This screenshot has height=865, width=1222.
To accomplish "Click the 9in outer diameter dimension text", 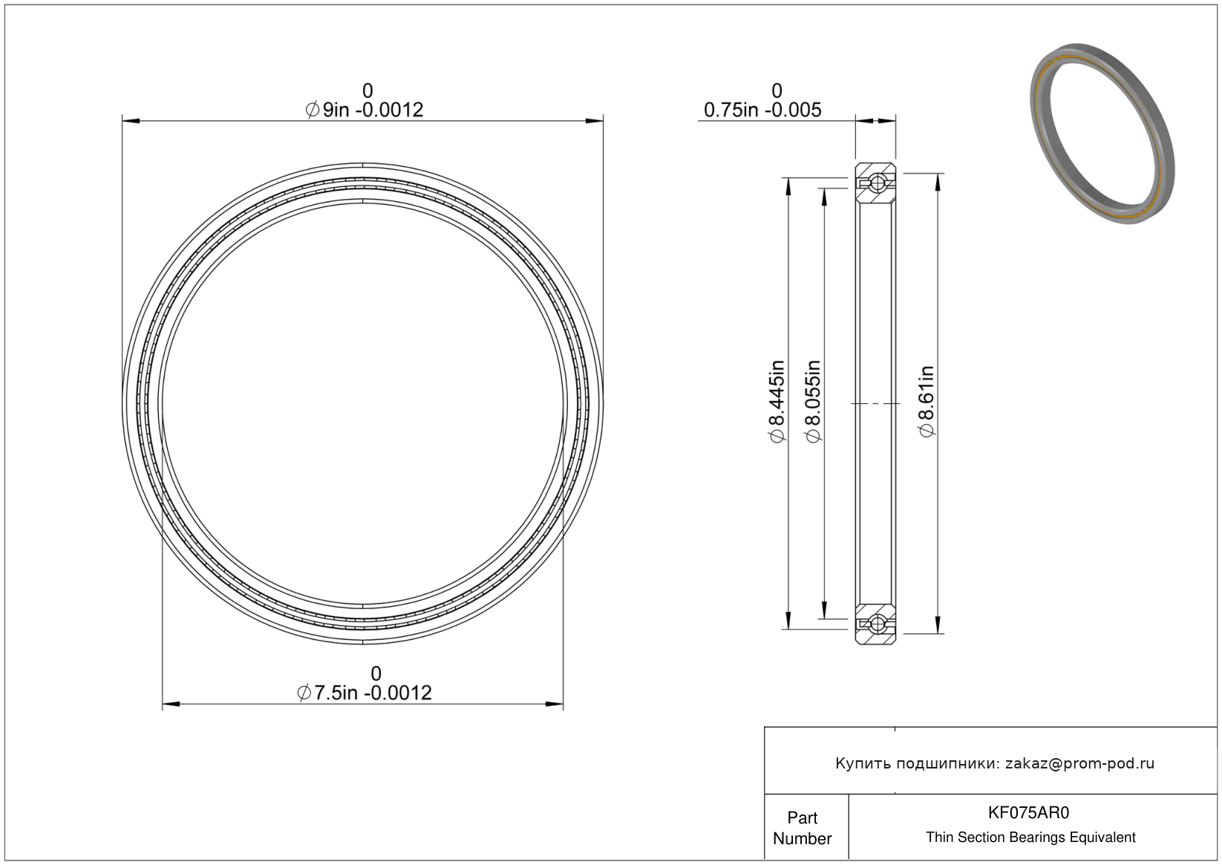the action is coord(365,110).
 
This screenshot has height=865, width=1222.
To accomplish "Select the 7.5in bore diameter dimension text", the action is coord(365,693).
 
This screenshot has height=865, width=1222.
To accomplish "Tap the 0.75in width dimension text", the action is coord(762,110).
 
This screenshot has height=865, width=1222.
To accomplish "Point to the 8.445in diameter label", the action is coord(777,401).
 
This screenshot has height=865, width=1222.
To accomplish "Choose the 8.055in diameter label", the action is coord(813,401).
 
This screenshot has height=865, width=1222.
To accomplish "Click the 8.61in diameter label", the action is coord(927,401).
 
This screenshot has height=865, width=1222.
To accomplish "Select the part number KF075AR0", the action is coord(1028,812).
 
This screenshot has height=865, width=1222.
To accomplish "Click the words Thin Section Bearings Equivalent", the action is coord(1030,837).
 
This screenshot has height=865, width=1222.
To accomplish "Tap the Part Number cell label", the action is coord(802,828).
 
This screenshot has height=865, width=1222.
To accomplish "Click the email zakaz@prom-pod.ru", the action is coord(1079,763).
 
